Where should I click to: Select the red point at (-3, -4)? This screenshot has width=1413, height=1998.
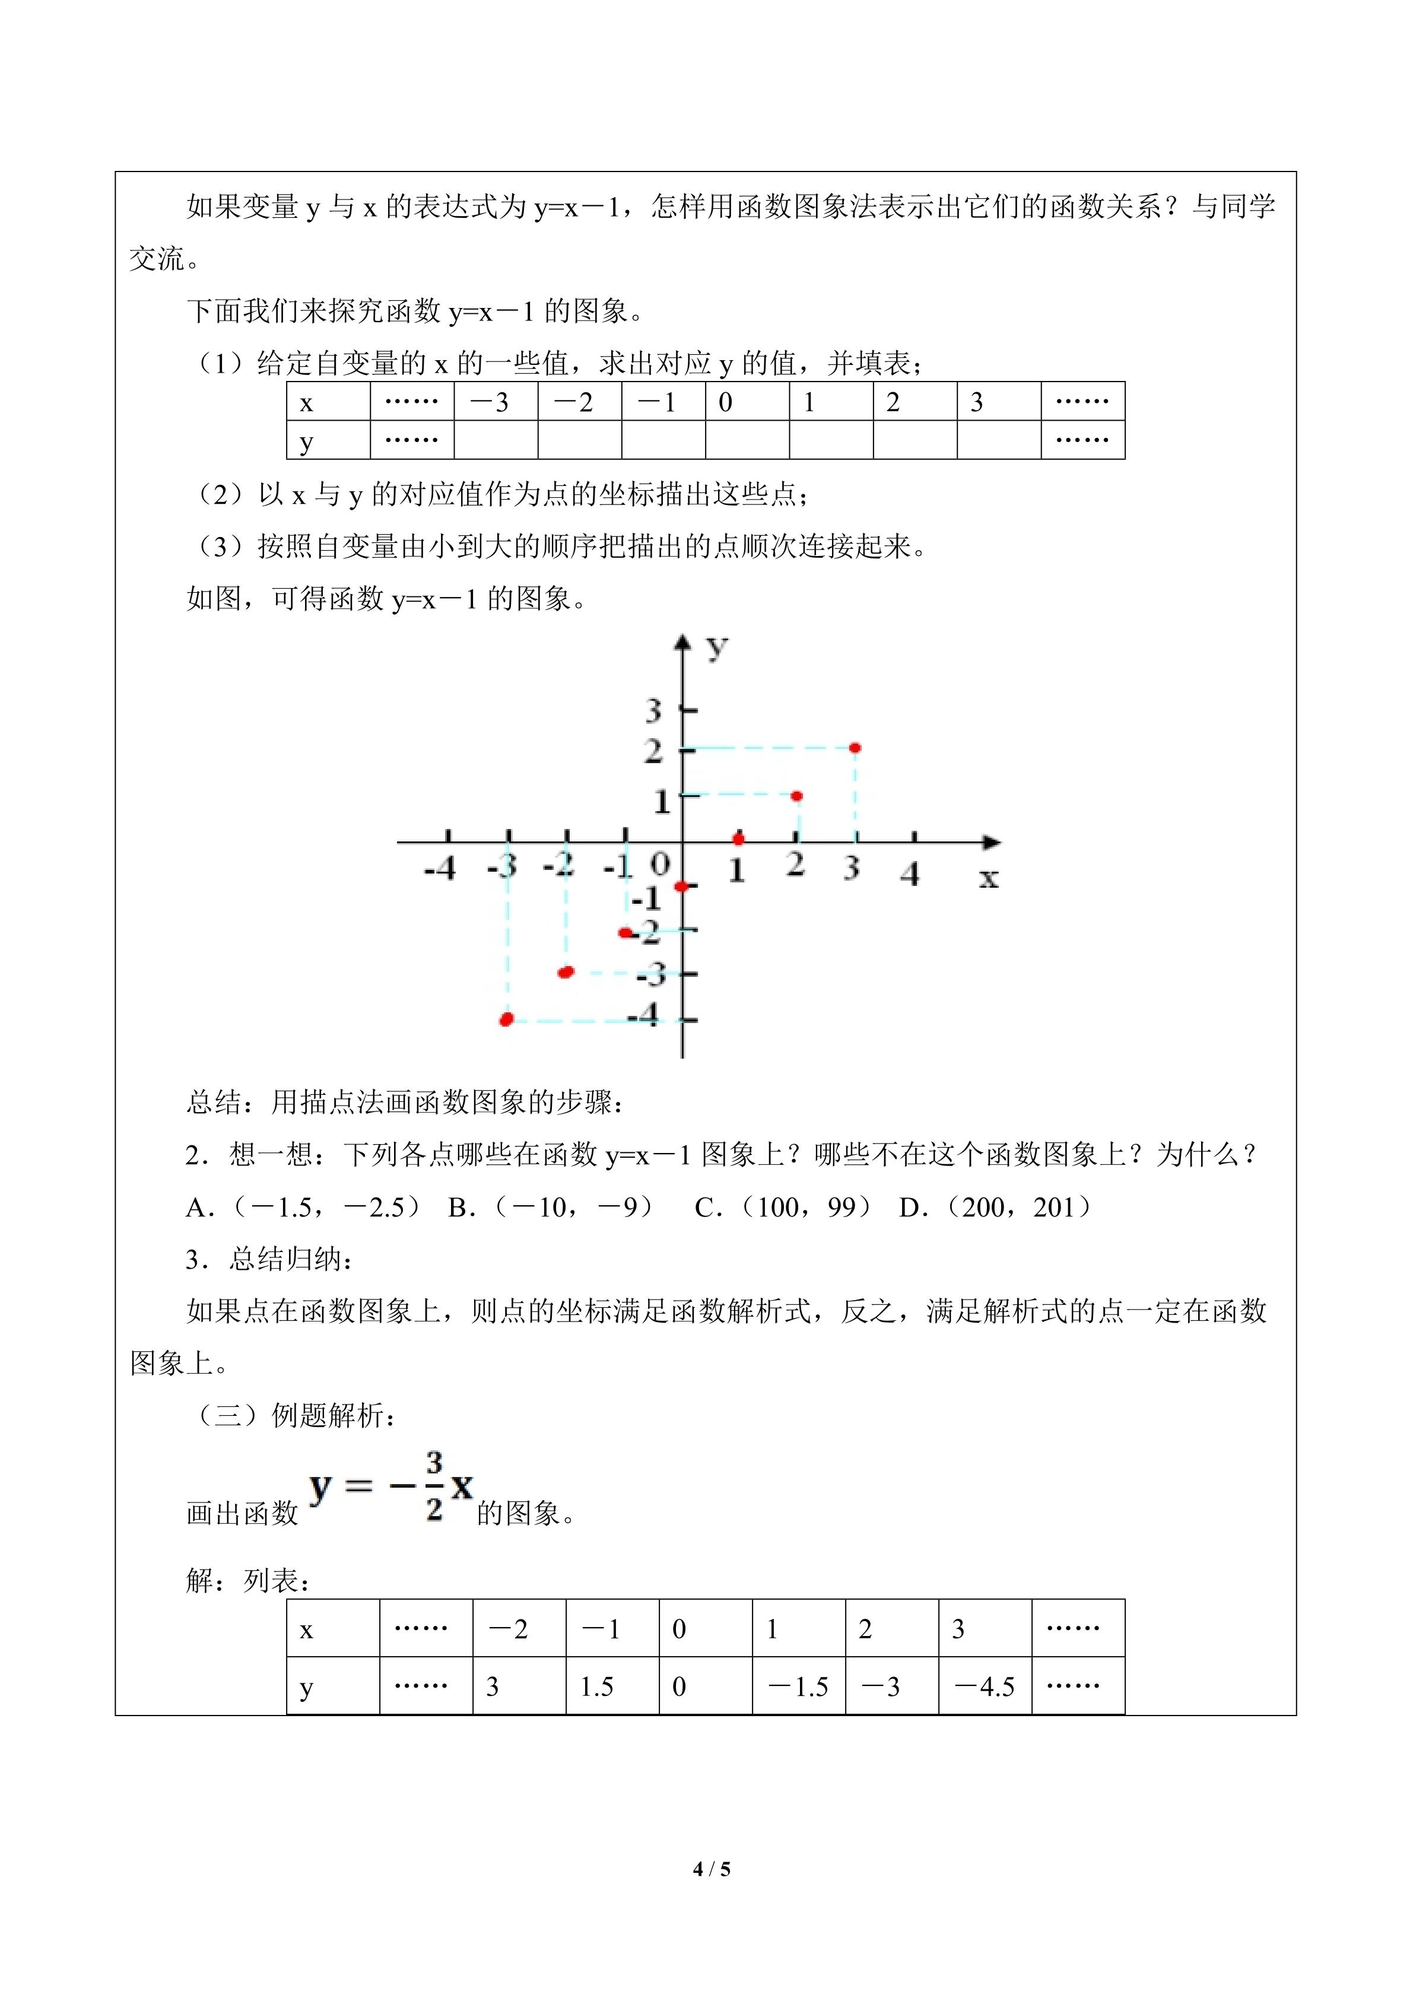pyautogui.click(x=506, y=1019)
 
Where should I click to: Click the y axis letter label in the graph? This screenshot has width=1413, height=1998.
pyautogui.click(x=716, y=647)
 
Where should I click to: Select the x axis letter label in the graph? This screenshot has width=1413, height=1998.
pyautogui.click(x=989, y=878)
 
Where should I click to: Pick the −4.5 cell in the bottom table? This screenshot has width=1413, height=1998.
pyautogui.click(x=985, y=1687)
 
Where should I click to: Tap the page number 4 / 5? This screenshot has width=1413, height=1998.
pyautogui.click(x=712, y=1868)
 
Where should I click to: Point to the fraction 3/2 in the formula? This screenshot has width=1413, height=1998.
pyautogui.click(x=434, y=1485)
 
